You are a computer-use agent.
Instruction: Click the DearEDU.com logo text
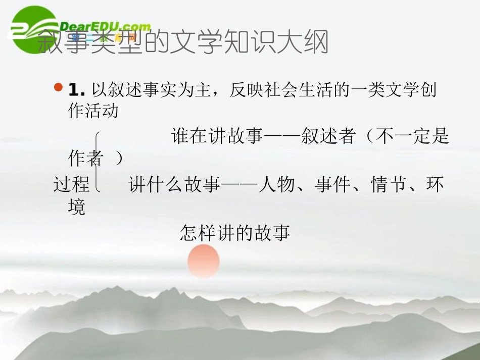105,27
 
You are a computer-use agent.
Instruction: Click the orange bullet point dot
58,88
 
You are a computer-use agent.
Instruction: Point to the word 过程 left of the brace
71,185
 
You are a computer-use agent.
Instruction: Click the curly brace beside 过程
98,162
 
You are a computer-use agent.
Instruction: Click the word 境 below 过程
77,207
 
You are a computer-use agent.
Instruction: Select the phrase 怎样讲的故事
235,234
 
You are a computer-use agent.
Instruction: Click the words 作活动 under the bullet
93,111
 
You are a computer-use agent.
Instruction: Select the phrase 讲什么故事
175,185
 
